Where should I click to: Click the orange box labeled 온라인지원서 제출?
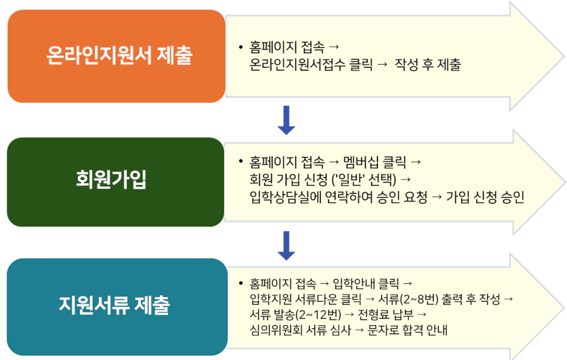click(117, 56)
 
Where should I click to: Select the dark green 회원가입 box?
click(115, 182)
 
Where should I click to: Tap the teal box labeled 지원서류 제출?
click(117, 307)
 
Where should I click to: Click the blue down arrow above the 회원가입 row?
click(287, 120)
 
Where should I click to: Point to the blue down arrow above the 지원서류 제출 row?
click(287, 246)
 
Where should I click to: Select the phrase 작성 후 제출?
click(427, 65)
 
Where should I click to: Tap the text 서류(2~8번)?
click(408, 299)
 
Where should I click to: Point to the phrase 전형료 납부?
click(386, 314)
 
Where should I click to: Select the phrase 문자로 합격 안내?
click(408, 330)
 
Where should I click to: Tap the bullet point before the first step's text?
click(241, 47)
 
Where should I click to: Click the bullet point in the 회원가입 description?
click(241, 161)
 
